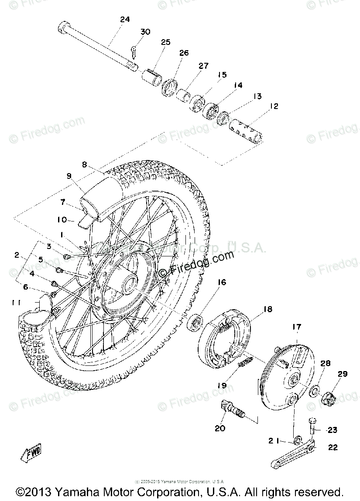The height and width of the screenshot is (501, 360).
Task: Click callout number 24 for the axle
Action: (x=125, y=20)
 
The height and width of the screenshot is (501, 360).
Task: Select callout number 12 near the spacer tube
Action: (x=274, y=106)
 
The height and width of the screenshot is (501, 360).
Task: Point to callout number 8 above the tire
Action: (x=84, y=165)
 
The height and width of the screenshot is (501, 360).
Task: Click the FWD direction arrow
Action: (x=31, y=455)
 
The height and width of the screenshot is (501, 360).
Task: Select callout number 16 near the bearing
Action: (x=222, y=283)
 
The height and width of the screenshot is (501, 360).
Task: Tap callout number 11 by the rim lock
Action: (x=16, y=302)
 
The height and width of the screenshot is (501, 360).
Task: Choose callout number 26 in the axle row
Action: (x=184, y=53)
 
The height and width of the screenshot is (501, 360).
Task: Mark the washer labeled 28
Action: (x=314, y=390)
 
